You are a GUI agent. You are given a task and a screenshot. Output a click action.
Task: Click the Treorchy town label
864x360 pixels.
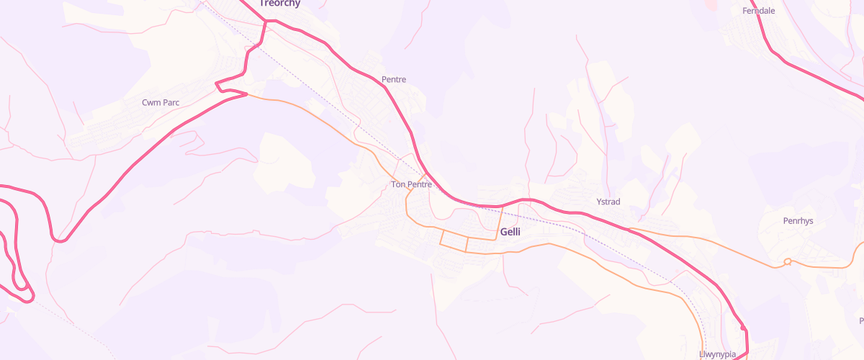pos(279,4)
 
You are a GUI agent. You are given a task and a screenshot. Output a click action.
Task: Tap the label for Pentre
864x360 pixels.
pos(394,79)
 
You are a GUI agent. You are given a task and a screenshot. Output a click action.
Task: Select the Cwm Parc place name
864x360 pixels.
pos(161,102)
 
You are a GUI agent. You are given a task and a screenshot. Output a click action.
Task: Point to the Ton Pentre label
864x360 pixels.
pos(411,184)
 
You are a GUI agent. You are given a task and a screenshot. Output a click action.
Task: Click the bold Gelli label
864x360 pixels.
pos(510,233)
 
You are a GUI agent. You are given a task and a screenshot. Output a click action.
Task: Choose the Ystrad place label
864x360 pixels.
pos(608,202)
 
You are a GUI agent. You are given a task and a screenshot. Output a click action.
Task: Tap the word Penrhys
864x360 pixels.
pos(798,221)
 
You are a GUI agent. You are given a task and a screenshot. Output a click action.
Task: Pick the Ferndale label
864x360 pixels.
pos(758,11)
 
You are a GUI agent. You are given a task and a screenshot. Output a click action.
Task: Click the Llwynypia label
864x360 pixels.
pos(718,355)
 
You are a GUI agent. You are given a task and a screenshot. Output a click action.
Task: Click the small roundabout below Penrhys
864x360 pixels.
pos(788,261)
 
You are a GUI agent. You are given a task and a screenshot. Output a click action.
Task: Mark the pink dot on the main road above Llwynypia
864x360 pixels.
pos(743,328)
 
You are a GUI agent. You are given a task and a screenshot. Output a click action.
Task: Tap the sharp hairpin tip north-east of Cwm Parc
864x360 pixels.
pos(217,85)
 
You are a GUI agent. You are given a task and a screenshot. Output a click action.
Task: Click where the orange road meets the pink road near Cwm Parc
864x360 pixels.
pos(247,94)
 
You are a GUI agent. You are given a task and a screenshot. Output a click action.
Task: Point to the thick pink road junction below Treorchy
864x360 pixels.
pos(266,22)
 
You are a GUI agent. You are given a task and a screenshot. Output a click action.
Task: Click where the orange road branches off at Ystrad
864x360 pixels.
pos(630,230)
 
